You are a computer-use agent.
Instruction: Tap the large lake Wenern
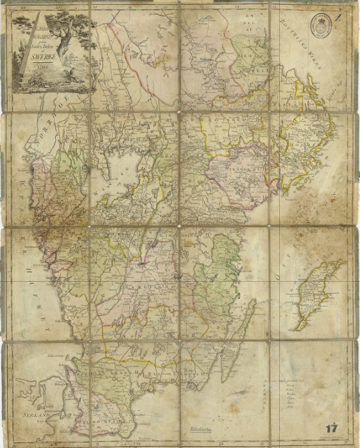pyautogui.click(x=122, y=169)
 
